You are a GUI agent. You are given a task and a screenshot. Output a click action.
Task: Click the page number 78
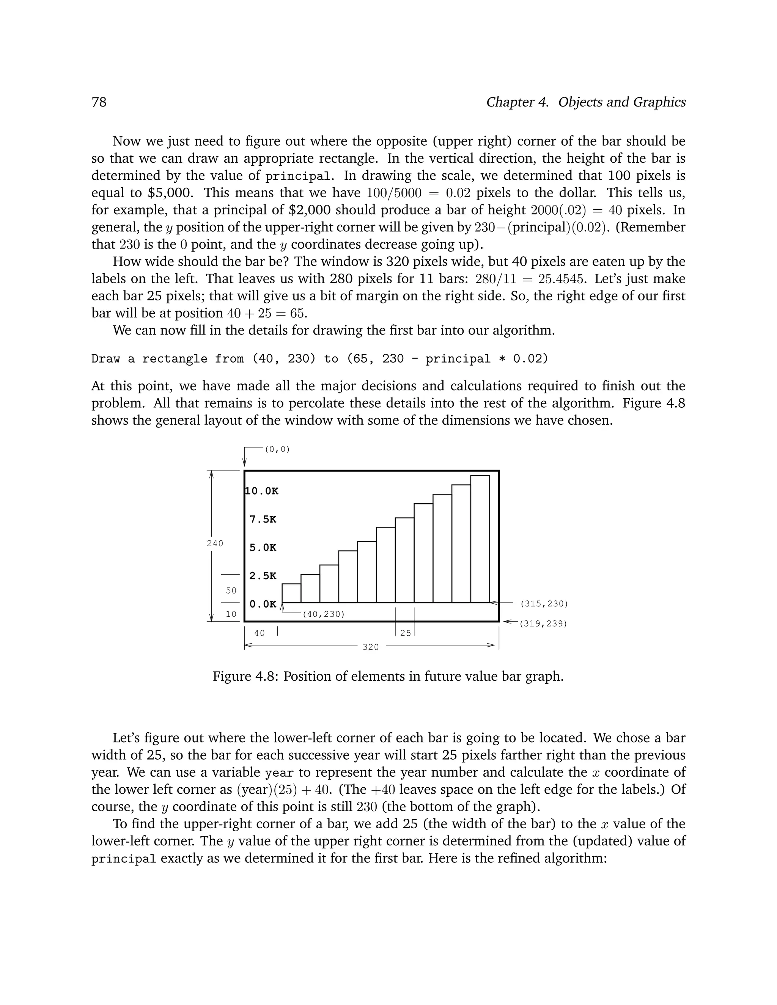(x=99, y=102)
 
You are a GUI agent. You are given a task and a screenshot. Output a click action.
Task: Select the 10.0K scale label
(x=261, y=491)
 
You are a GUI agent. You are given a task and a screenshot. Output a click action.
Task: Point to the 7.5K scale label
(x=263, y=520)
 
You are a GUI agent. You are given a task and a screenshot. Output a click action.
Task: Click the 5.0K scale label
(x=263, y=548)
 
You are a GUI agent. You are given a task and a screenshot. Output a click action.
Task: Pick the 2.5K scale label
(x=263, y=576)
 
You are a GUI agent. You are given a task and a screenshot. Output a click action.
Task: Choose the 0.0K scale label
(x=263, y=604)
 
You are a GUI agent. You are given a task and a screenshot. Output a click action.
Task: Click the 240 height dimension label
(x=215, y=543)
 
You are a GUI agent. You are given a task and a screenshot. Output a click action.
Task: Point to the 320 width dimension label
(x=371, y=647)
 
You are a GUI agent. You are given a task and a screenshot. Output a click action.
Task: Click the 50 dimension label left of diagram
(x=231, y=590)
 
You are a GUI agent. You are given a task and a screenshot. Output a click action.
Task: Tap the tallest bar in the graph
(x=480, y=539)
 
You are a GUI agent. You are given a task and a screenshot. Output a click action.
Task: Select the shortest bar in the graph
(x=291, y=593)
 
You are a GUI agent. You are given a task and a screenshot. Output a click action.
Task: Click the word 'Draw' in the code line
(x=105, y=358)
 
